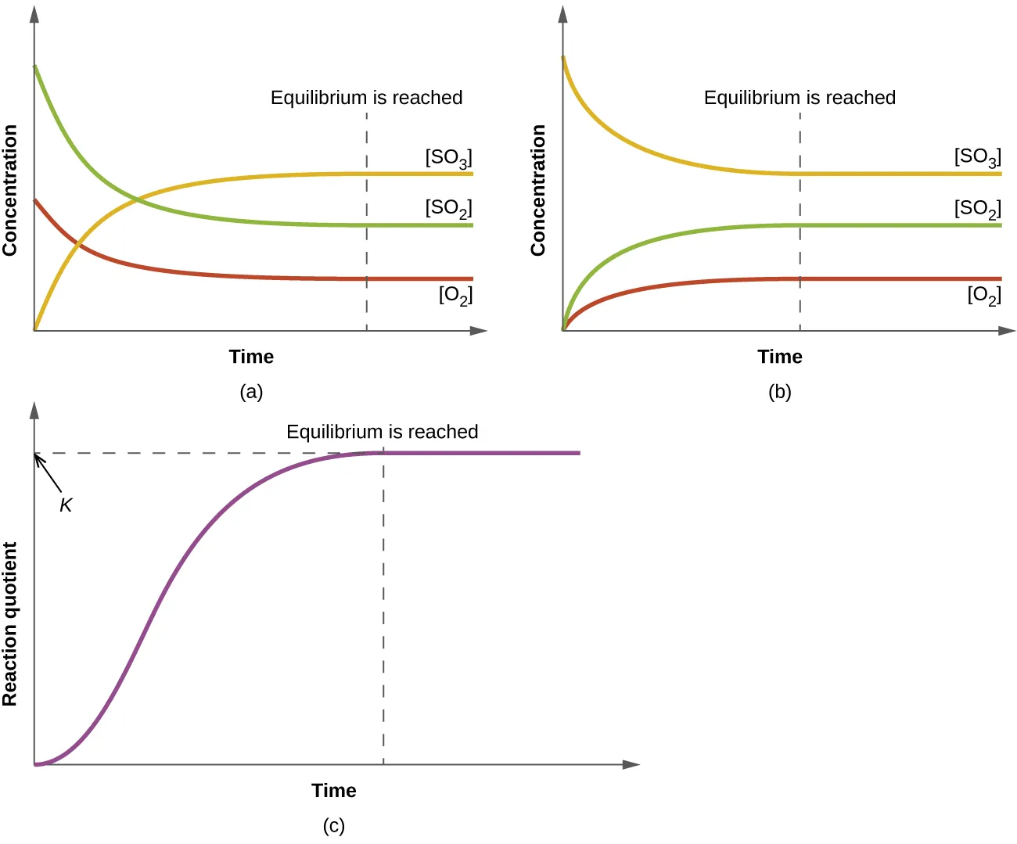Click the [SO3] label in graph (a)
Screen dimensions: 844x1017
(x=448, y=158)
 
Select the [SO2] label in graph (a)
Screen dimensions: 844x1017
(x=448, y=209)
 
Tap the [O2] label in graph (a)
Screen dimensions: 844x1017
(x=455, y=296)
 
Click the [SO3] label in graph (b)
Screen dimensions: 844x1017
(x=977, y=158)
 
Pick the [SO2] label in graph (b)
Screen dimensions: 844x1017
(x=977, y=209)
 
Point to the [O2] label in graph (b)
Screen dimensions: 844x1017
(x=984, y=296)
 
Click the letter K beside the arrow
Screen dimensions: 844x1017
(x=66, y=506)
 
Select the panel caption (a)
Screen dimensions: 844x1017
(x=251, y=392)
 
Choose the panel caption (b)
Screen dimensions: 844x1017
(x=780, y=392)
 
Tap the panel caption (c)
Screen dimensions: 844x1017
(x=334, y=826)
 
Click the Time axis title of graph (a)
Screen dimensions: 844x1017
(x=251, y=357)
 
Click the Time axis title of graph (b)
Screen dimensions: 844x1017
(x=780, y=357)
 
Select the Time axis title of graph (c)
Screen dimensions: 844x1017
(x=334, y=791)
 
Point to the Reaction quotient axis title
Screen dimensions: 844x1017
(x=10, y=623)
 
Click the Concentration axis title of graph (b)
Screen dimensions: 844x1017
(x=538, y=190)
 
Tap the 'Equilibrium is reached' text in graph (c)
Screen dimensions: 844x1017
(x=382, y=432)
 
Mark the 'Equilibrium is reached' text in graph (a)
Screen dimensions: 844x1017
(x=366, y=98)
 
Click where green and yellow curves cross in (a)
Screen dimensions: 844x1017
(x=138, y=200)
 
